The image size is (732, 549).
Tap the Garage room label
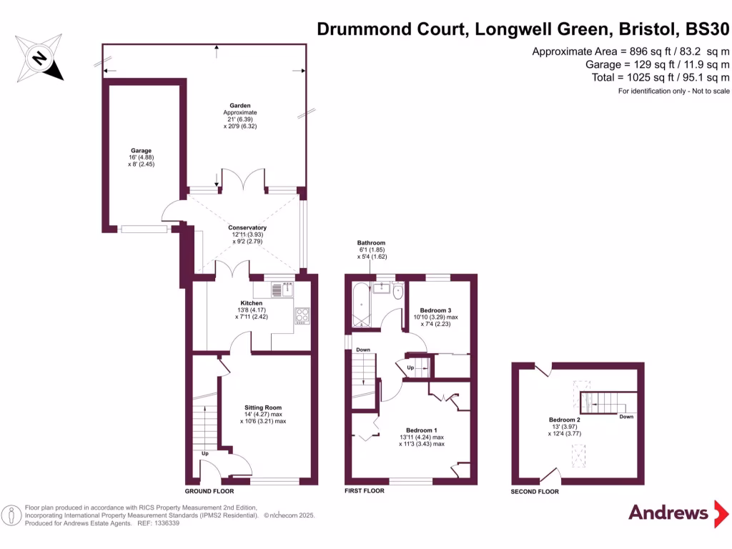click(x=141, y=152)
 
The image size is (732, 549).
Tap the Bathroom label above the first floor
click(x=371, y=243)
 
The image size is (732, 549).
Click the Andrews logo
click(x=668, y=513)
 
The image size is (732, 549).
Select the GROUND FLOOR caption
click(x=209, y=491)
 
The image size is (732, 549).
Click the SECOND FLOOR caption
click(x=534, y=492)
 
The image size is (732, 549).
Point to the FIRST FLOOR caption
click(x=364, y=491)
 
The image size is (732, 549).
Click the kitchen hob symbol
click(x=301, y=315)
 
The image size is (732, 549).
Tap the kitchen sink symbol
click(x=286, y=289)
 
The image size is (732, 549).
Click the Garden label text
click(x=239, y=105)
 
